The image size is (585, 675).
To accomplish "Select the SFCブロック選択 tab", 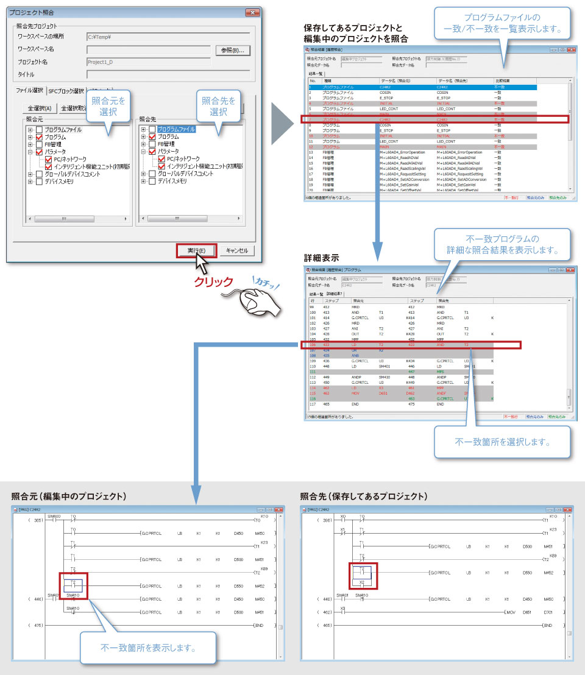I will coord(66,91).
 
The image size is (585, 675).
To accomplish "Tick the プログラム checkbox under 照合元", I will coord(40,137).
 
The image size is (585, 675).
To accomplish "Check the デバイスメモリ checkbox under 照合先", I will coord(152,181).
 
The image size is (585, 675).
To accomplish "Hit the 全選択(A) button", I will coord(40,108).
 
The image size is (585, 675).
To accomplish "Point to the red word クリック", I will coord(213,281).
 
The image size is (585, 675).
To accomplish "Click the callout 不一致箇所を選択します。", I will coord(502,442).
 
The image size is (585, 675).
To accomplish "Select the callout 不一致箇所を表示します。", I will coord(148,648).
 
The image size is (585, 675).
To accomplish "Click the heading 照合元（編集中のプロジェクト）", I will coord(69,497).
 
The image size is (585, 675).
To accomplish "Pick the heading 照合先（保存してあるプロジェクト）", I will coord(364,497).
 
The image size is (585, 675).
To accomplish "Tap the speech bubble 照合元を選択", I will coord(108,107).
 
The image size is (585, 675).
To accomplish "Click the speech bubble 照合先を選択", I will coord(218,107).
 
